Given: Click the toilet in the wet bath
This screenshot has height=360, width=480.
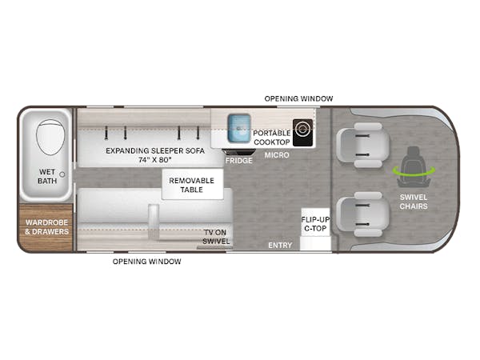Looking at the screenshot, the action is pyautogui.click(x=50, y=137).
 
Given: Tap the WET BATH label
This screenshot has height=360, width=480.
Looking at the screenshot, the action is pyautogui.click(x=47, y=177).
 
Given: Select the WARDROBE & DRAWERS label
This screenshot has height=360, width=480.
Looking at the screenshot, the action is pyautogui.click(x=47, y=227).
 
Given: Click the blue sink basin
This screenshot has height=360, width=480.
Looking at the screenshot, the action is pyautogui.click(x=239, y=128).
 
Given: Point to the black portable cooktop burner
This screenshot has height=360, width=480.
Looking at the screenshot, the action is pyautogui.click(x=302, y=133).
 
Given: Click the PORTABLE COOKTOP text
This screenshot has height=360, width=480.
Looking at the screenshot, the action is pyautogui.click(x=271, y=138).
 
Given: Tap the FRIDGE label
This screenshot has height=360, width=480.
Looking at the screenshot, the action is pyautogui.click(x=238, y=161).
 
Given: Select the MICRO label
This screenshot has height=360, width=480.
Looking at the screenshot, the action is pyautogui.click(x=277, y=155).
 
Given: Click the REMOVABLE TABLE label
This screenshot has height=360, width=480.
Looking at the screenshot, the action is pyautogui.click(x=192, y=186).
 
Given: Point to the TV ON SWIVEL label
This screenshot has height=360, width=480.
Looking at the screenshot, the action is pyautogui.click(x=216, y=237).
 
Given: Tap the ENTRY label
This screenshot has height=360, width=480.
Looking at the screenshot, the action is pyautogui.click(x=280, y=246).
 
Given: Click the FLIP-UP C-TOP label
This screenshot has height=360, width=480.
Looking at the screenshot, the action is pyautogui.click(x=315, y=224).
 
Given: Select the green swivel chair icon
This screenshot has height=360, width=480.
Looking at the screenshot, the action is pyautogui.click(x=414, y=168).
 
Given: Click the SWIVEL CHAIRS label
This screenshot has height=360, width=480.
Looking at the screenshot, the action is pyautogui.click(x=414, y=202).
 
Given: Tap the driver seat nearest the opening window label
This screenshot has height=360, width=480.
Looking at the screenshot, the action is pyautogui.click(x=363, y=145).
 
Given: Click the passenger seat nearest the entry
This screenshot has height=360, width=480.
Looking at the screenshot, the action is pyautogui.click(x=363, y=214).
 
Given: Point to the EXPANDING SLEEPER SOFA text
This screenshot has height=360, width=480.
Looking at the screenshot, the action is pyautogui.click(x=155, y=150).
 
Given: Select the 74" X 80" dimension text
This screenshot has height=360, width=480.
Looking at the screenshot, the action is pyautogui.click(x=155, y=160).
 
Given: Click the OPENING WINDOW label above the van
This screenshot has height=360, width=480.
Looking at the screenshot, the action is pyautogui.click(x=298, y=98).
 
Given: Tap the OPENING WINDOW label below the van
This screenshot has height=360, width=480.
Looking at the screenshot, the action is pyautogui.click(x=147, y=262).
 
